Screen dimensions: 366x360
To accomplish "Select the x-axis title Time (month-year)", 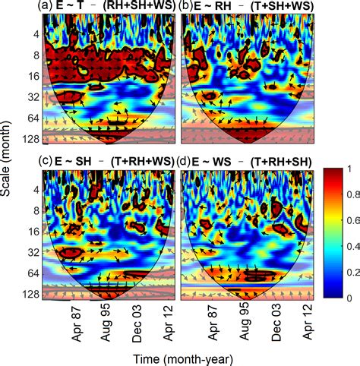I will tap(178, 358).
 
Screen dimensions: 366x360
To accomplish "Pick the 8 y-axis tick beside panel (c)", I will tap(33, 207).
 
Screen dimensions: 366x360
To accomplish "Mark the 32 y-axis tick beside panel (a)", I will tap(30, 97).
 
